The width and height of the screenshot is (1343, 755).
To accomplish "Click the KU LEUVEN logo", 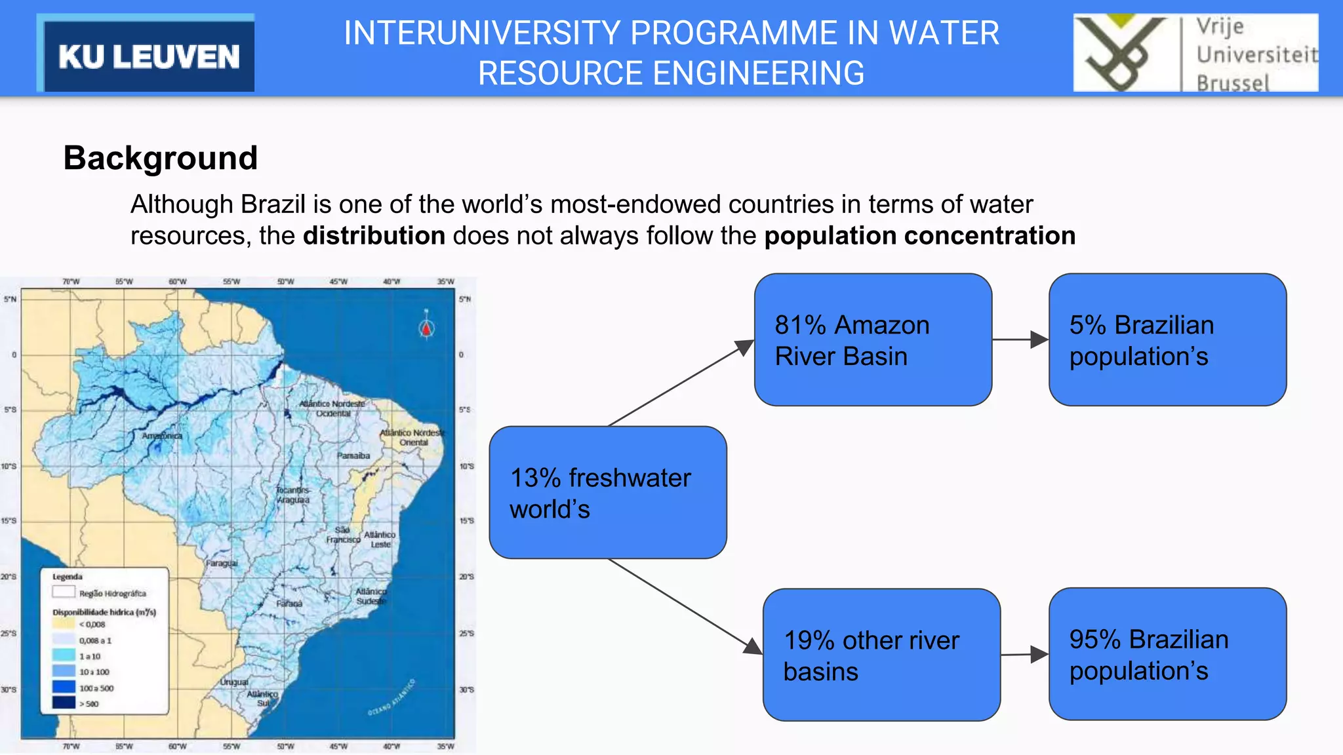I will [146, 55].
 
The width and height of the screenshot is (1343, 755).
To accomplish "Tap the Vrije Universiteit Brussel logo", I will [1195, 53].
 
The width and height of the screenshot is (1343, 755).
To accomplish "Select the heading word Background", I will [161, 158].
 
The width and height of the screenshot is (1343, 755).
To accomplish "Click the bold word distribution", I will [374, 236].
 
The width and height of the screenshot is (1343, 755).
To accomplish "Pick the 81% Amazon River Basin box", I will [872, 339].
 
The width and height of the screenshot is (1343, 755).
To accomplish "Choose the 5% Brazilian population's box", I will [1167, 339].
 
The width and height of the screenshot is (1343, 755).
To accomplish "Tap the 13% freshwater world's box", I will [607, 492].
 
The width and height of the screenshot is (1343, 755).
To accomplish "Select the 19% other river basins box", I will [881, 655].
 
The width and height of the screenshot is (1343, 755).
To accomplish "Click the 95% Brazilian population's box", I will [1167, 654].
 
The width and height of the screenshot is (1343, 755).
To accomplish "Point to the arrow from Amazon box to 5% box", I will [1020, 339].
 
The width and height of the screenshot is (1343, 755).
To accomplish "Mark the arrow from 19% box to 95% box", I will [1024, 654].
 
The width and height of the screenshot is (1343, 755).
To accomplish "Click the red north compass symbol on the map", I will [426, 327].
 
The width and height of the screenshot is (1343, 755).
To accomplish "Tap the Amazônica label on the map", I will [162, 436].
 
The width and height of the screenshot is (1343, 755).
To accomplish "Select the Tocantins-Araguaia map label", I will [292, 495].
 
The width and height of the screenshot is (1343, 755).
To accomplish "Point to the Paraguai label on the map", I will [222, 563].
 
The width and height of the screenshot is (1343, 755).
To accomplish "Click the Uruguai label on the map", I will [234, 682].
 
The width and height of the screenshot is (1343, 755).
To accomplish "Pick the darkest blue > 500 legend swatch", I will [64, 703].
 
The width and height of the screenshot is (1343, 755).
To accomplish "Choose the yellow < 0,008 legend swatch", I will [64, 624].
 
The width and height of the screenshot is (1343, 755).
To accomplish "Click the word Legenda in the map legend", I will [68, 577].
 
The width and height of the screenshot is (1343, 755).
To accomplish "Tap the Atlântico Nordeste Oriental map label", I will [412, 437].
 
